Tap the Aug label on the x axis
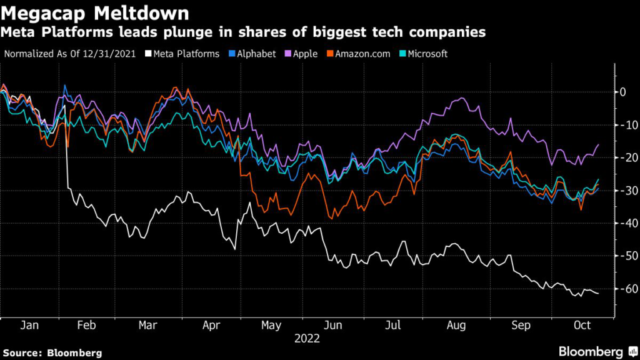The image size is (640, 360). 457,326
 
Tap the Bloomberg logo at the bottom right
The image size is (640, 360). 591,352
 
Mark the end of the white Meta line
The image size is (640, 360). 599,294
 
